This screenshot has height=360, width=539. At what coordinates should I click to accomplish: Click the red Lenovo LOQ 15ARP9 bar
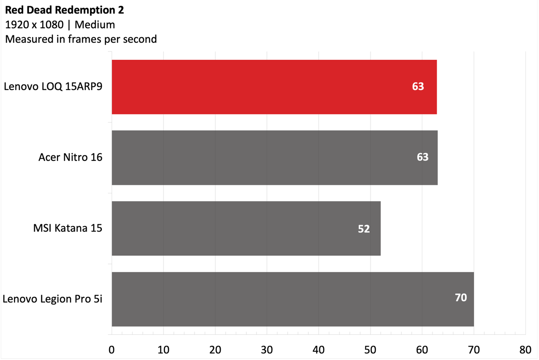(x=274, y=87)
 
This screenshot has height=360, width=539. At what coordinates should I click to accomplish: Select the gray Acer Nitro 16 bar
(x=275, y=157)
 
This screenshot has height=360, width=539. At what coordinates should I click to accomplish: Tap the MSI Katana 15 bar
(x=246, y=228)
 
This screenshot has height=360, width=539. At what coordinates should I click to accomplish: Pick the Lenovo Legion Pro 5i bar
(x=293, y=299)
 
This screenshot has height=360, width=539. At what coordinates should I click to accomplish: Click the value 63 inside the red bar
(x=418, y=86)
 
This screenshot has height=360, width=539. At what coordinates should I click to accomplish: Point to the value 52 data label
(x=364, y=229)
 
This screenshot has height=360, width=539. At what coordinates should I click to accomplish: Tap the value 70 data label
(x=461, y=298)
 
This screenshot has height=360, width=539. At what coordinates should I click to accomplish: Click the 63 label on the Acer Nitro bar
(x=423, y=157)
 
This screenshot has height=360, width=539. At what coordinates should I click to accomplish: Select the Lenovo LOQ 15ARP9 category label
(x=53, y=86)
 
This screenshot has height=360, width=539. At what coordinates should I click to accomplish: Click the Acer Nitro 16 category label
(x=70, y=157)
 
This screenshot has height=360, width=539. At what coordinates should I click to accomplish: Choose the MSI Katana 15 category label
(x=68, y=228)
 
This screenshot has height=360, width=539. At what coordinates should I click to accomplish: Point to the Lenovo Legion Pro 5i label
(x=53, y=299)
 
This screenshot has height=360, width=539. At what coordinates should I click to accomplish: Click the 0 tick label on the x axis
(x=112, y=350)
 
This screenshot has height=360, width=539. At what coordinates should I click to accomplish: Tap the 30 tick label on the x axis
(x=267, y=350)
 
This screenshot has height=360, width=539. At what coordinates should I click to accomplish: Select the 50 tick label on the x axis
(x=370, y=350)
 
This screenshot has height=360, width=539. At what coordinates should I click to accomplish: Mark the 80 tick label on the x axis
(x=526, y=350)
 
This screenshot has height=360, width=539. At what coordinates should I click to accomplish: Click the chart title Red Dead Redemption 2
(x=64, y=10)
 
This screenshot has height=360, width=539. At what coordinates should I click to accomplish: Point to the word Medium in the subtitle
(x=95, y=25)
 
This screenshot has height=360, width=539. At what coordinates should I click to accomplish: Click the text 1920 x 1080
(x=35, y=25)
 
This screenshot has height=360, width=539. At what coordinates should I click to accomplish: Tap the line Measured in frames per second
(x=81, y=39)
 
